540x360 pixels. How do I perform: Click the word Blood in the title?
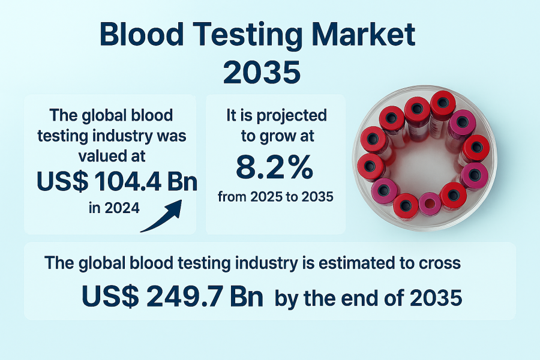click(141, 34)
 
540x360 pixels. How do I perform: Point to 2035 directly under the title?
click(262, 73)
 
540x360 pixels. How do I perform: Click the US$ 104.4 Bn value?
click(117, 181)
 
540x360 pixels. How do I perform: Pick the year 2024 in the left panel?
click(122, 208)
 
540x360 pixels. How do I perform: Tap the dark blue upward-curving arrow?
click(161, 217)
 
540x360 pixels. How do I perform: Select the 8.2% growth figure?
click(274, 167)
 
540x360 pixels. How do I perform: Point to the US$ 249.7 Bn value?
click(172, 296)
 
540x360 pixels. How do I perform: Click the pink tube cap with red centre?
click(430, 204)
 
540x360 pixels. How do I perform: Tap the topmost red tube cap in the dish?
click(443, 103)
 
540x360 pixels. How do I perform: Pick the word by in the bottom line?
click(286, 298)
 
